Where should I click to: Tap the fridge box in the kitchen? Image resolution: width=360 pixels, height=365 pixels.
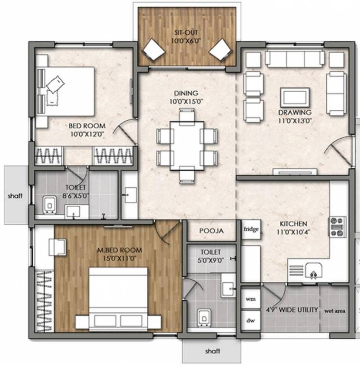click(x=251, y=230)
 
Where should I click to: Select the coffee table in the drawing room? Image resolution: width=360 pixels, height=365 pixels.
click(x=295, y=97)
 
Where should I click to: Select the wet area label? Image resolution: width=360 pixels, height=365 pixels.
click(x=335, y=311)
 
